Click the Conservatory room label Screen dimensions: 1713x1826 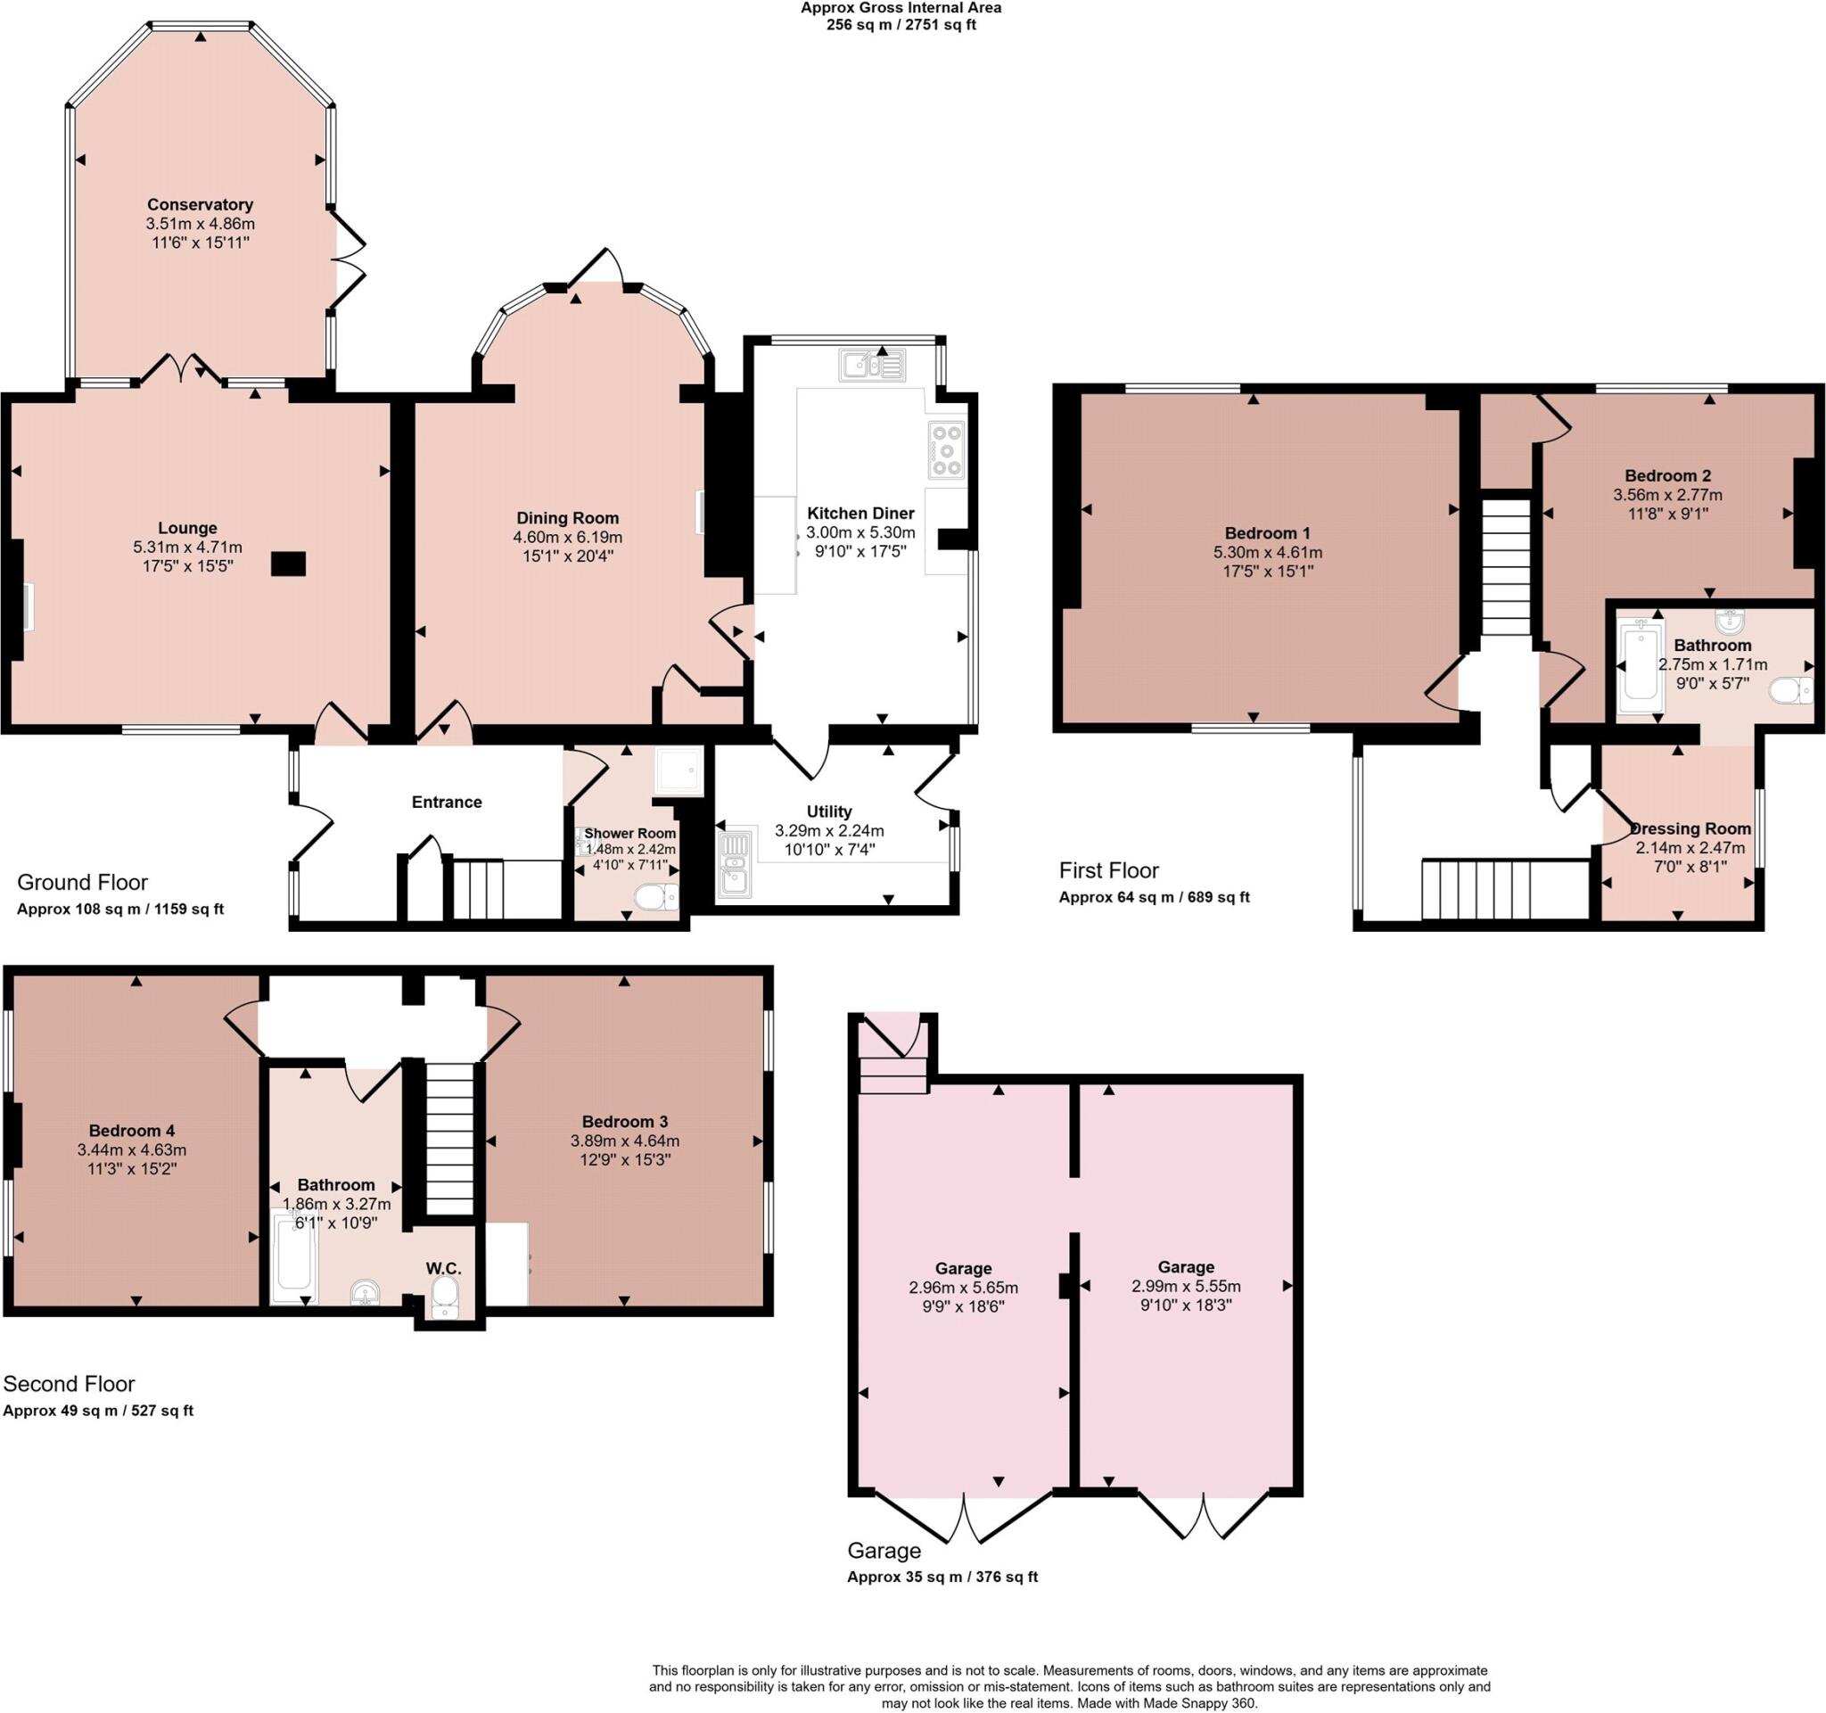200,204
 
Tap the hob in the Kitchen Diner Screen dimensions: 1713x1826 946,450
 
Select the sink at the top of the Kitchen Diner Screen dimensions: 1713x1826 871,365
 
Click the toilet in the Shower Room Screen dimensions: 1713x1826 656,896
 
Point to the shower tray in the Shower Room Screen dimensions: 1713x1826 679,770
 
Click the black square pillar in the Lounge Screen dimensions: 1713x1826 287,563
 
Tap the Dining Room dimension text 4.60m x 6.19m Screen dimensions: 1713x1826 567,538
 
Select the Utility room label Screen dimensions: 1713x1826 828,811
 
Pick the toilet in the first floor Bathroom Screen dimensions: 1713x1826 1791,690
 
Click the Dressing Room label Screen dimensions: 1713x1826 1690,828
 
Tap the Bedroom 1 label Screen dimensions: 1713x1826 1267,532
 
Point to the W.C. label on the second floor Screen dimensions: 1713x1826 443,1268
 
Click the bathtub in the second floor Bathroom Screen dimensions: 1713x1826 295,1256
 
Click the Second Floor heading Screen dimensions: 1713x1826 69,1383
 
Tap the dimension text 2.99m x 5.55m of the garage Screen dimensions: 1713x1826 1185,1286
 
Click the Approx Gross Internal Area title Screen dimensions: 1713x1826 901,8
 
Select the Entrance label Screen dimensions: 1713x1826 447,802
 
